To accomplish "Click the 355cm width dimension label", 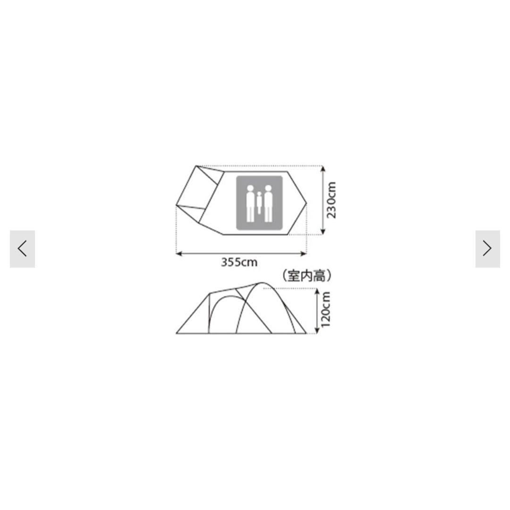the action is [x=239, y=262].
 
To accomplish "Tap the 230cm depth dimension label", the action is [x=331, y=200].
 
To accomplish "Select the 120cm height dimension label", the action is [x=325, y=309].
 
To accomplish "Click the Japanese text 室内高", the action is [x=307, y=276].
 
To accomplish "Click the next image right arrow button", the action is [x=487, y=249].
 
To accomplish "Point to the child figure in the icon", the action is [x=259, y=203].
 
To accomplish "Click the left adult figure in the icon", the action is [x=250, y=204].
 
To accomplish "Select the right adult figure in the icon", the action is [x=268, y=204].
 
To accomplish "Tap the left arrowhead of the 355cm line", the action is [x=178, y=254].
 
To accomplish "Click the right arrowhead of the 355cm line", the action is [x=305, y=254].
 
